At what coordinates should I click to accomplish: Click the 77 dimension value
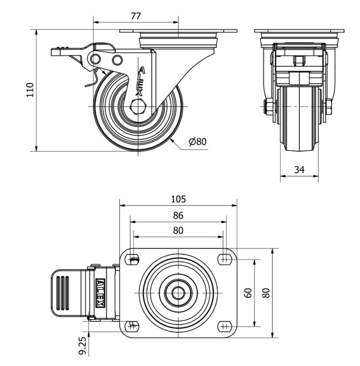pos(136,16)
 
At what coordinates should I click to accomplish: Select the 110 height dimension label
pos(30,90)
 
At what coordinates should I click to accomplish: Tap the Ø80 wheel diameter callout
pos(197,141)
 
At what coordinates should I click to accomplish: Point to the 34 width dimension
pos(299,169)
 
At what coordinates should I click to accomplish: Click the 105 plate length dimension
pos(178,199)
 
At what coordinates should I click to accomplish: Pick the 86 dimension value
pos(178,215)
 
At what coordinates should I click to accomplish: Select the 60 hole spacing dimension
pos(248,293)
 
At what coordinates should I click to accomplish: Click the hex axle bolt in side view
pos(139,107)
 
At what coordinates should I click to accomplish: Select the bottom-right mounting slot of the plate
pos(224,325)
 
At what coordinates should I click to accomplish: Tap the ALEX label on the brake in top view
pos(101,292)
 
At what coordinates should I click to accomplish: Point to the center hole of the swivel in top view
pos(178,292)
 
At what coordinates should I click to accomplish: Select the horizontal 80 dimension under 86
pos(178,231)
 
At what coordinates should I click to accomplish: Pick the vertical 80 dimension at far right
pos(266,293)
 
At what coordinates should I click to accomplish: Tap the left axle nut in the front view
pos(268,107)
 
